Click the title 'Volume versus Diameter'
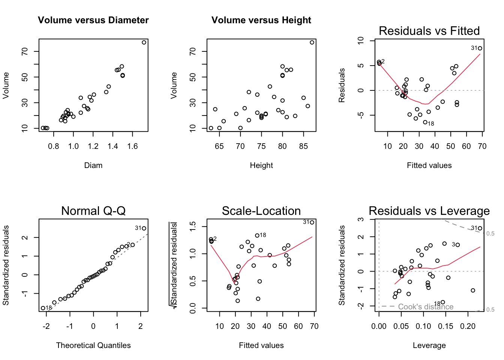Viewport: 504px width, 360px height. tap(93, 20)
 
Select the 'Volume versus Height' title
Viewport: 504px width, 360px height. tap(261, 20)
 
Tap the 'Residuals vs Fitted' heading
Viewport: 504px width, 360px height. tap(429, 31)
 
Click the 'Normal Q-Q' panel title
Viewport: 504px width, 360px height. tap(93, 211)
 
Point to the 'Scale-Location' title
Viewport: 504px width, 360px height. tap(261, 211)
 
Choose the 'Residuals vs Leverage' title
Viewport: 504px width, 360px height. tap(429, 211)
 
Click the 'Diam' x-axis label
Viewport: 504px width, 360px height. tap(93, 165)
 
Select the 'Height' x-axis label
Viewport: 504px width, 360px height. tap(261, 165)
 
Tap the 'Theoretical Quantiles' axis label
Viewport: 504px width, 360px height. tap(93, 345)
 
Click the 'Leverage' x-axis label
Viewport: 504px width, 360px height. tap(429, 345)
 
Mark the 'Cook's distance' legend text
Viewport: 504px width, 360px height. tap(426, 307)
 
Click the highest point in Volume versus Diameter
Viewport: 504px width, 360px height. tap(144, 42)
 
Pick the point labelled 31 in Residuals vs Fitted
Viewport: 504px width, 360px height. tap(480, 48)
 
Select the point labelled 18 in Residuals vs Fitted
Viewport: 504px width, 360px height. tap(425, 122)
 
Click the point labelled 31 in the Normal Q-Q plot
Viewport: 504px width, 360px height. tap(144, 228)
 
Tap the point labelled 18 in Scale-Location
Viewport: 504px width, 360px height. tap(257, 235)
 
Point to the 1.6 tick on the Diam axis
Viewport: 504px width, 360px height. tap(133, 146)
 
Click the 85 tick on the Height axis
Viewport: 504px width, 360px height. tap(303, 146)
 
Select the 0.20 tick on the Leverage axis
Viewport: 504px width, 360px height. tap(468, 326)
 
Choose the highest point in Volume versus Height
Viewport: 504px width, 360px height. tap(312, 42)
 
